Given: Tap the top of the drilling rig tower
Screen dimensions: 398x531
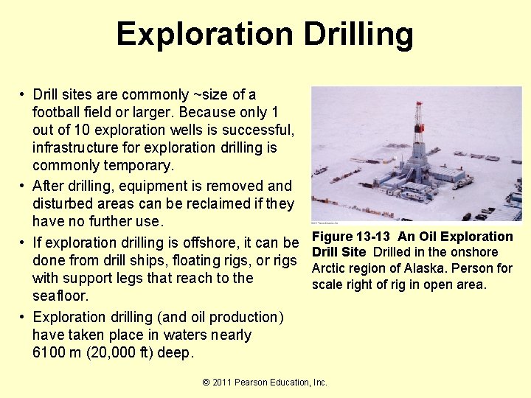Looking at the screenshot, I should click(x=418, y=105).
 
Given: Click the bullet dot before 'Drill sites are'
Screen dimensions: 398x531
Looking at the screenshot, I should click(x=24, y=95).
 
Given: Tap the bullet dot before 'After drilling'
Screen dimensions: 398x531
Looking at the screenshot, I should click(x=24, y=186).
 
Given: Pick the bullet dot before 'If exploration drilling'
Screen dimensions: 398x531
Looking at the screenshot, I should click(x=24, y=242).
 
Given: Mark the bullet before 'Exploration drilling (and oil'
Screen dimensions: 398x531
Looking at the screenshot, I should click(x=24, y=318).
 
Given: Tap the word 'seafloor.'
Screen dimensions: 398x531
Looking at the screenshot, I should click(x=60, y=296).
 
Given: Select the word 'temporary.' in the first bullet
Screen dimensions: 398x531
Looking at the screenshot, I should click(x=139, y=165).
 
